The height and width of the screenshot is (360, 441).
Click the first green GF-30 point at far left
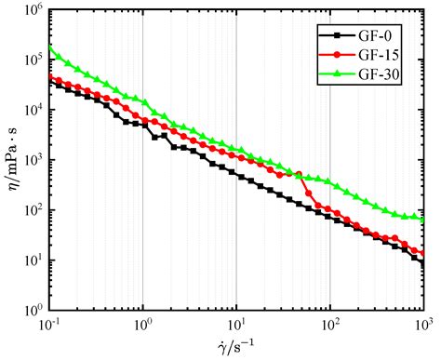[50, 47]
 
